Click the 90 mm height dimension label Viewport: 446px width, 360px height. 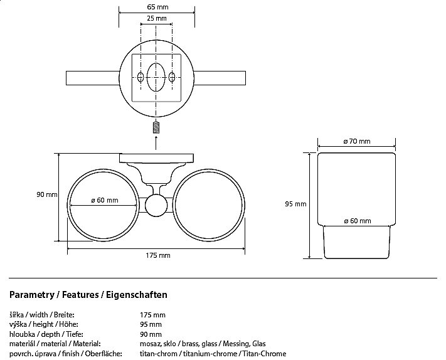point(47,194)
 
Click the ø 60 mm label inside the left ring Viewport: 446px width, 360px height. point(104,200)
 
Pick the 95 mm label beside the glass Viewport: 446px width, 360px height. point(295,204)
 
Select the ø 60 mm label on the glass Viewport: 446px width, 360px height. point(358,221)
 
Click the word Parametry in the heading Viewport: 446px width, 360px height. point(31,294)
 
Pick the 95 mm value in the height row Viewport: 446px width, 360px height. point(151,324)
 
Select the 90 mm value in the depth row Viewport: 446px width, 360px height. point(151,334)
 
